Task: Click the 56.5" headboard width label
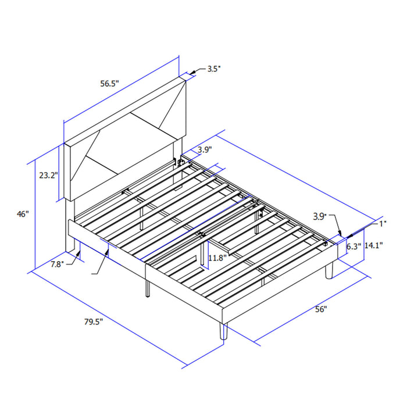pos(109,84)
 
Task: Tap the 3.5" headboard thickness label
pos(214,69)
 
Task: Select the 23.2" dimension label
pos(49,175)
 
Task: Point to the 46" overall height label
pos(23,214)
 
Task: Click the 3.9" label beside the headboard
pos(204,150)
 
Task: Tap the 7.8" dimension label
pos(58,264)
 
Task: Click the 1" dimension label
pos(383,223)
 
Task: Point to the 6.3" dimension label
pos(355,246)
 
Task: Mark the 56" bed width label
pos(321,309)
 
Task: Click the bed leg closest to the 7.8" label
pos(77,250)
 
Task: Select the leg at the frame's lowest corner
pos(222,331)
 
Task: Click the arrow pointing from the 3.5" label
pos(195,72)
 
